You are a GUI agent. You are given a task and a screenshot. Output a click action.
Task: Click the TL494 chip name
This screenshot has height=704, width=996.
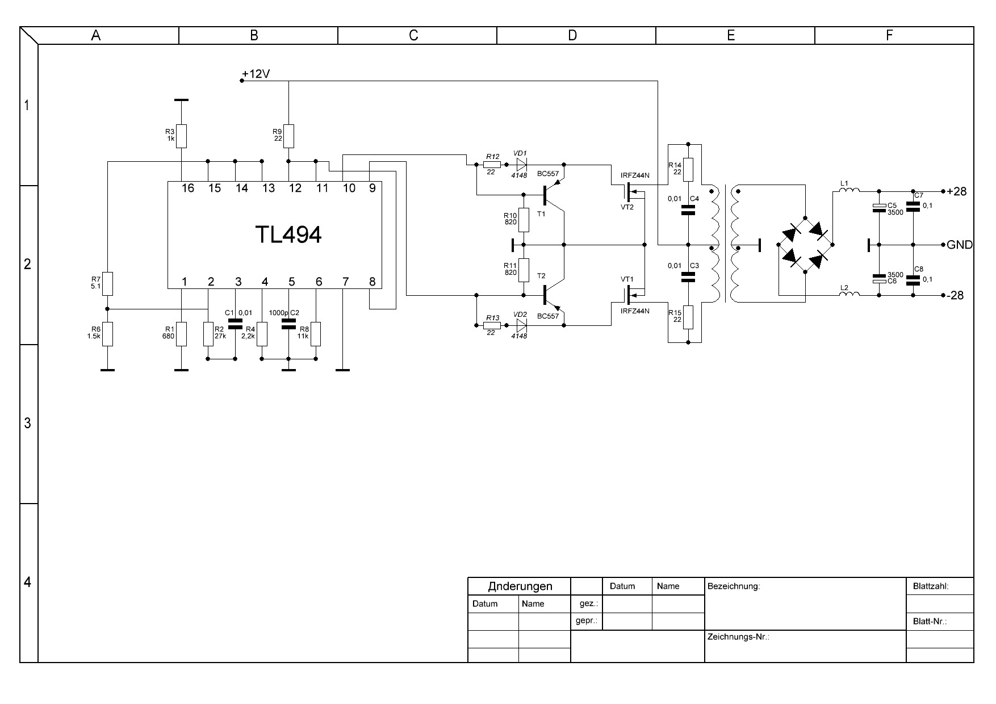pyautogui.click(x=288, y=234)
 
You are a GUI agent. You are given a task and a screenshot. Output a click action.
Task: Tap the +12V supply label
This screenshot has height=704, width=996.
pyautogui.click(x=256, y=74)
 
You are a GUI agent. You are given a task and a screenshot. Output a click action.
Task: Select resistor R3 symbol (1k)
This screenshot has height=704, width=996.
pyautogui.click(x=181, y=136)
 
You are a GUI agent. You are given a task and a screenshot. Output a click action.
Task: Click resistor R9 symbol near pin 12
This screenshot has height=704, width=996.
pyautogui.click(x=288, y=136)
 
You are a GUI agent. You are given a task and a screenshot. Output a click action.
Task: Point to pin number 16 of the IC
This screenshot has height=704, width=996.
pyautogui.click(x=187, y=188)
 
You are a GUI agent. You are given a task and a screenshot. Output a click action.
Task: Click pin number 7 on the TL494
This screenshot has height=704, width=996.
pyautogui.click(x=345, y=282)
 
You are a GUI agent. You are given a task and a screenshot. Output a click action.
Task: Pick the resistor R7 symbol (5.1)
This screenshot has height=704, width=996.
pyautogui.click(x=107, y=284)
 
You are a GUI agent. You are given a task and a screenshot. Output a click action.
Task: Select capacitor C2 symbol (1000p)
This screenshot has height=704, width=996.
pyautogui.click(x=288, y=324)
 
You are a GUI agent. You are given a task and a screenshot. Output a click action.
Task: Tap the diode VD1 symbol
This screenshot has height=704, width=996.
pyautogui.click(x=520, y=165)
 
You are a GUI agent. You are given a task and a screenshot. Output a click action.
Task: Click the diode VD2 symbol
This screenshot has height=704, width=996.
pyautogui.click(x=520, y=325)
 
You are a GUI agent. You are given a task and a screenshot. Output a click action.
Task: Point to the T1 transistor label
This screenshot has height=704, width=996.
pyautogui.click(x=541, y=214)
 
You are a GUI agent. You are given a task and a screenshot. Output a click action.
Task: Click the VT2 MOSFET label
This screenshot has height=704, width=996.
pyautogui.click(x=627, y=207)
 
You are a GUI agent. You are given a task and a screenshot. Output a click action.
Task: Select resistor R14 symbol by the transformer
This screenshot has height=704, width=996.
pyautogui.click(x=688, y=169)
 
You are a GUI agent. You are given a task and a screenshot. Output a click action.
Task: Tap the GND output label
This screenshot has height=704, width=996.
pyautogui.click(x=959, y=245)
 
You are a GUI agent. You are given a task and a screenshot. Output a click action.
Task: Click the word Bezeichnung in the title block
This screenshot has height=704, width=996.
pyautogui.click(x=733, y=586)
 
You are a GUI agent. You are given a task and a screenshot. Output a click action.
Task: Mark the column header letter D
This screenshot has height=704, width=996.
pyautogui.click(x=572, y=35)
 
